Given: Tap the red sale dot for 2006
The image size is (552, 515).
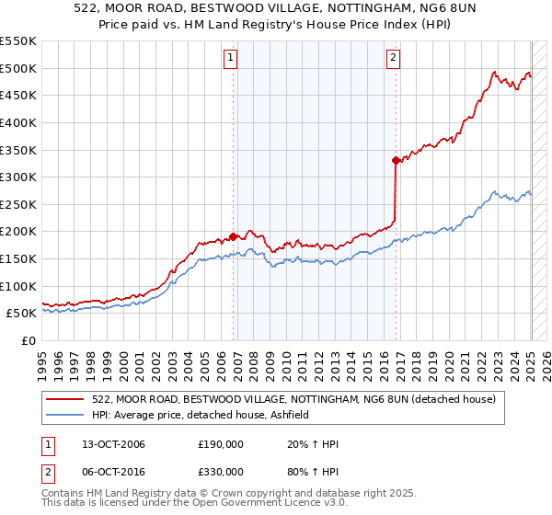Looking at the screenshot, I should [234, 236].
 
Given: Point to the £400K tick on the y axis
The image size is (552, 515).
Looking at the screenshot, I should [18, 122].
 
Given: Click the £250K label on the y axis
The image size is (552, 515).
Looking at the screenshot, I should [18, 204].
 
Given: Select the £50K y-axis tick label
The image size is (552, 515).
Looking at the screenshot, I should [22, 314].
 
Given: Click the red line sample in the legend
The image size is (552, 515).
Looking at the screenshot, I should [64, 399].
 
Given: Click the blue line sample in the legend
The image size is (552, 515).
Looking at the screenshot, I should [64, 415].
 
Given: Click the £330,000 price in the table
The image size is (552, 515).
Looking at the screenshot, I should [221, 472].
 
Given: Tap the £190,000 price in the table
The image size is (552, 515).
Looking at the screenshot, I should [221, 445].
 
